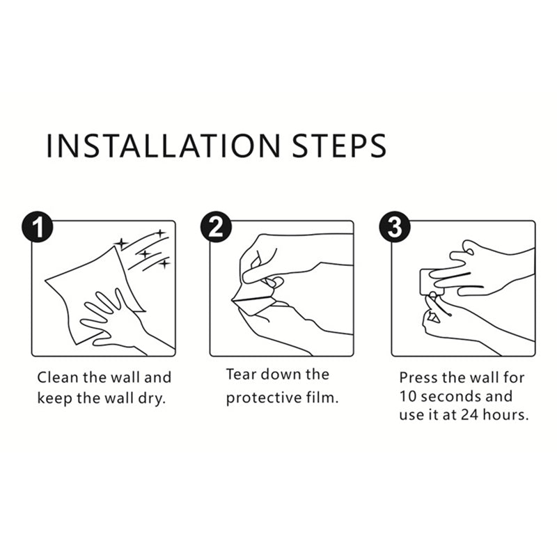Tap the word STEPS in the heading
tap(339, 146)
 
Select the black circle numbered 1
tap(38, 227)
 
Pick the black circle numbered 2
tap(216, 227)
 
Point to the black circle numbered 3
tap(395, 227)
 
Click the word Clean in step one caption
tap(58, 377)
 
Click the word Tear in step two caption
tap(241, 375)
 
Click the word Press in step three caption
tap(418, 377)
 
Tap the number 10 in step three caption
tap(408, 396)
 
